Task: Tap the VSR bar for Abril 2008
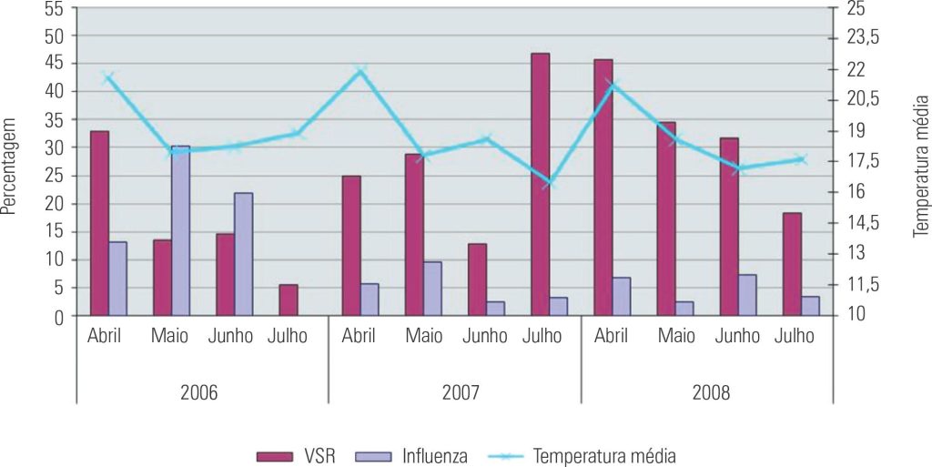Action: (603, 188)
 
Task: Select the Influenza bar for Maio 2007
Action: (432, 289)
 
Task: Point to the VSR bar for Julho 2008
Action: (792, 264)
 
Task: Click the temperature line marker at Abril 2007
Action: (360, 70)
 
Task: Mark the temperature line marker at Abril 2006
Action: (108, 77)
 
